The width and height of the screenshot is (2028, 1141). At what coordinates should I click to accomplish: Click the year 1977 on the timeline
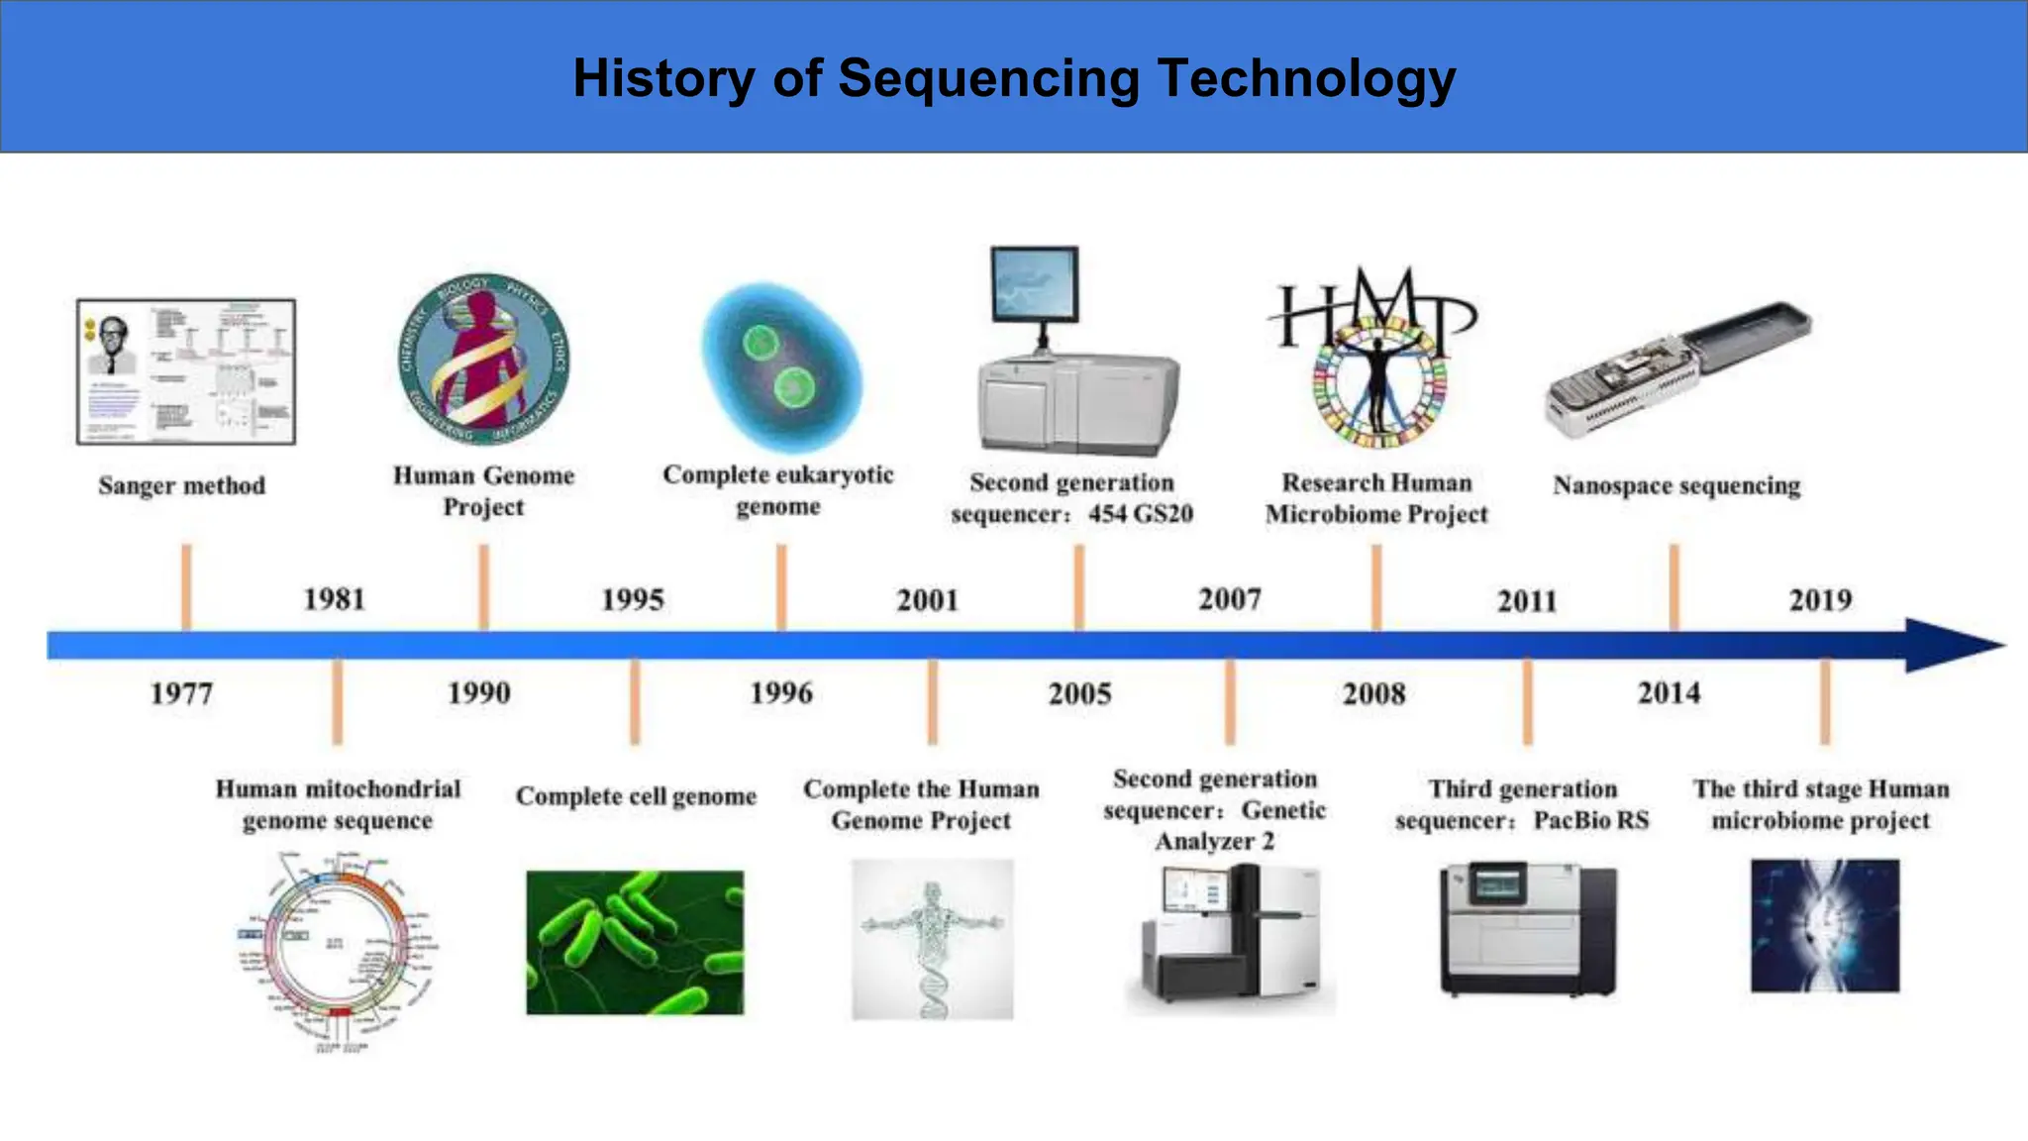(x=181, y=693)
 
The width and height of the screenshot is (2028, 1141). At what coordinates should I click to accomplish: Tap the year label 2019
(x=1820, y=600)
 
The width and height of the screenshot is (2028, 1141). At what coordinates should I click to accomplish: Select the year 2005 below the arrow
(x=1079, y=693)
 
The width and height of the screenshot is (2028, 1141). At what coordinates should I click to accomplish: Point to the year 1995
(x=633, y=600)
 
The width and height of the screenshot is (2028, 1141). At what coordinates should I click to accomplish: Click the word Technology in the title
(x=1306, y=78)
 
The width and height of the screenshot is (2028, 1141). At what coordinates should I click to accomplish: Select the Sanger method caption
(x=182, y=485)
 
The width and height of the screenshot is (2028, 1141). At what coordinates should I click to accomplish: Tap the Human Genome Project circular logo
(x=483, y=359)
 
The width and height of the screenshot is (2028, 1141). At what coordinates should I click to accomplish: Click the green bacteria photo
(x=635, y=942)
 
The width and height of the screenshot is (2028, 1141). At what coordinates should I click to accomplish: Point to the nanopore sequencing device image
(x=1677, y=368)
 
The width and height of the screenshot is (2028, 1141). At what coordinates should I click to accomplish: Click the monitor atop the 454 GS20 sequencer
(x=1035, y=284)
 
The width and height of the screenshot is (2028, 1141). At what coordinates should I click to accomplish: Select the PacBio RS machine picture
(x=1528, y=929)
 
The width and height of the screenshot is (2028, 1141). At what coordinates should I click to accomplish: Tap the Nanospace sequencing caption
(x=1676, y=485)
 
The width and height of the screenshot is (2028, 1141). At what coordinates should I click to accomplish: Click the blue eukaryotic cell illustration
(x=781, y=367)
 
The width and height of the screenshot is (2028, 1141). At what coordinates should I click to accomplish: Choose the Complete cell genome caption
(x=636, y=796)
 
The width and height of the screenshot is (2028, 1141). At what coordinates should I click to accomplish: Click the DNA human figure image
(x=932, y=938)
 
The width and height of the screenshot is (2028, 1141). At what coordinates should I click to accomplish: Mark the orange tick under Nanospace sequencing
(x=1673, y=586)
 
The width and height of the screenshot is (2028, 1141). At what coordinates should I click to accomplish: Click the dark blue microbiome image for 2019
(x=1824, y=925)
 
